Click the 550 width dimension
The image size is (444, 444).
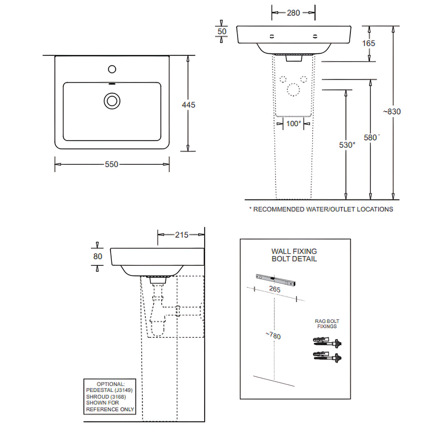111,164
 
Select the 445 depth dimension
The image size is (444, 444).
189,105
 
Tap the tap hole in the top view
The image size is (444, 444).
112,69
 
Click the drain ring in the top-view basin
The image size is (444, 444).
112,101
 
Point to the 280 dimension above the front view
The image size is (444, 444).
294,13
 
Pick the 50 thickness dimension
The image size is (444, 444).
222,32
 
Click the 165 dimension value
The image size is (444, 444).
369,43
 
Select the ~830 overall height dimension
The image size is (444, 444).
392,111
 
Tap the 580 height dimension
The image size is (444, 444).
371,137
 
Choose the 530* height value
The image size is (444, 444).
347,145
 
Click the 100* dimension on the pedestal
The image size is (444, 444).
294,124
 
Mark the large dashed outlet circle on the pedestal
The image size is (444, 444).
293,90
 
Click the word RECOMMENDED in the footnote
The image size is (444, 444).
278,209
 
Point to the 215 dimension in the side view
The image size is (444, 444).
182,235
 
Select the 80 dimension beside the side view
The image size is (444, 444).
98,256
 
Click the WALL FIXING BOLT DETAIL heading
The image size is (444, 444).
294,255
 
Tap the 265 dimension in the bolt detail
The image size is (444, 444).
274,289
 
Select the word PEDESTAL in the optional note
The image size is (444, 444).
100,390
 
